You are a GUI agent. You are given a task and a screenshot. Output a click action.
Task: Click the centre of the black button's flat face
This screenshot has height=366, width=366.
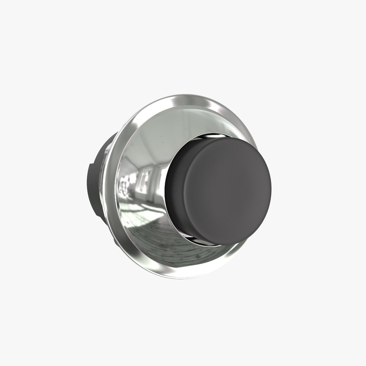(x=227, y=190)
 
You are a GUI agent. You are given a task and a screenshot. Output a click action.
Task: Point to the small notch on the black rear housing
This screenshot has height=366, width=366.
(x=89, y=165)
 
